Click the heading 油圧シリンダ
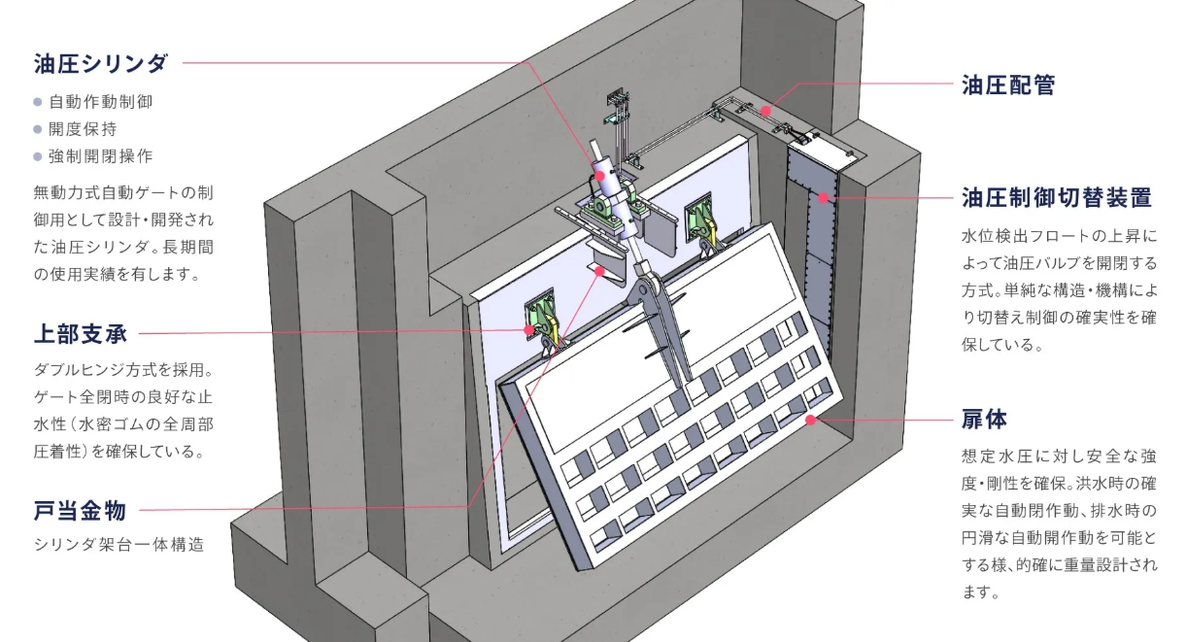coord(101,63)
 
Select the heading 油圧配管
coord(1008,84)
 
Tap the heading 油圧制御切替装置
coord(1056,197)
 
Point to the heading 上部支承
coord(80,334)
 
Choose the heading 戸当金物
coord(80,511)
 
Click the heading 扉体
coord(984,420)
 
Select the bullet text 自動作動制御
coord(101,102)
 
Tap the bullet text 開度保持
coord(84,128)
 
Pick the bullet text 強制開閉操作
coord(101,156)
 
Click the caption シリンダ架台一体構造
coord(119,545)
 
